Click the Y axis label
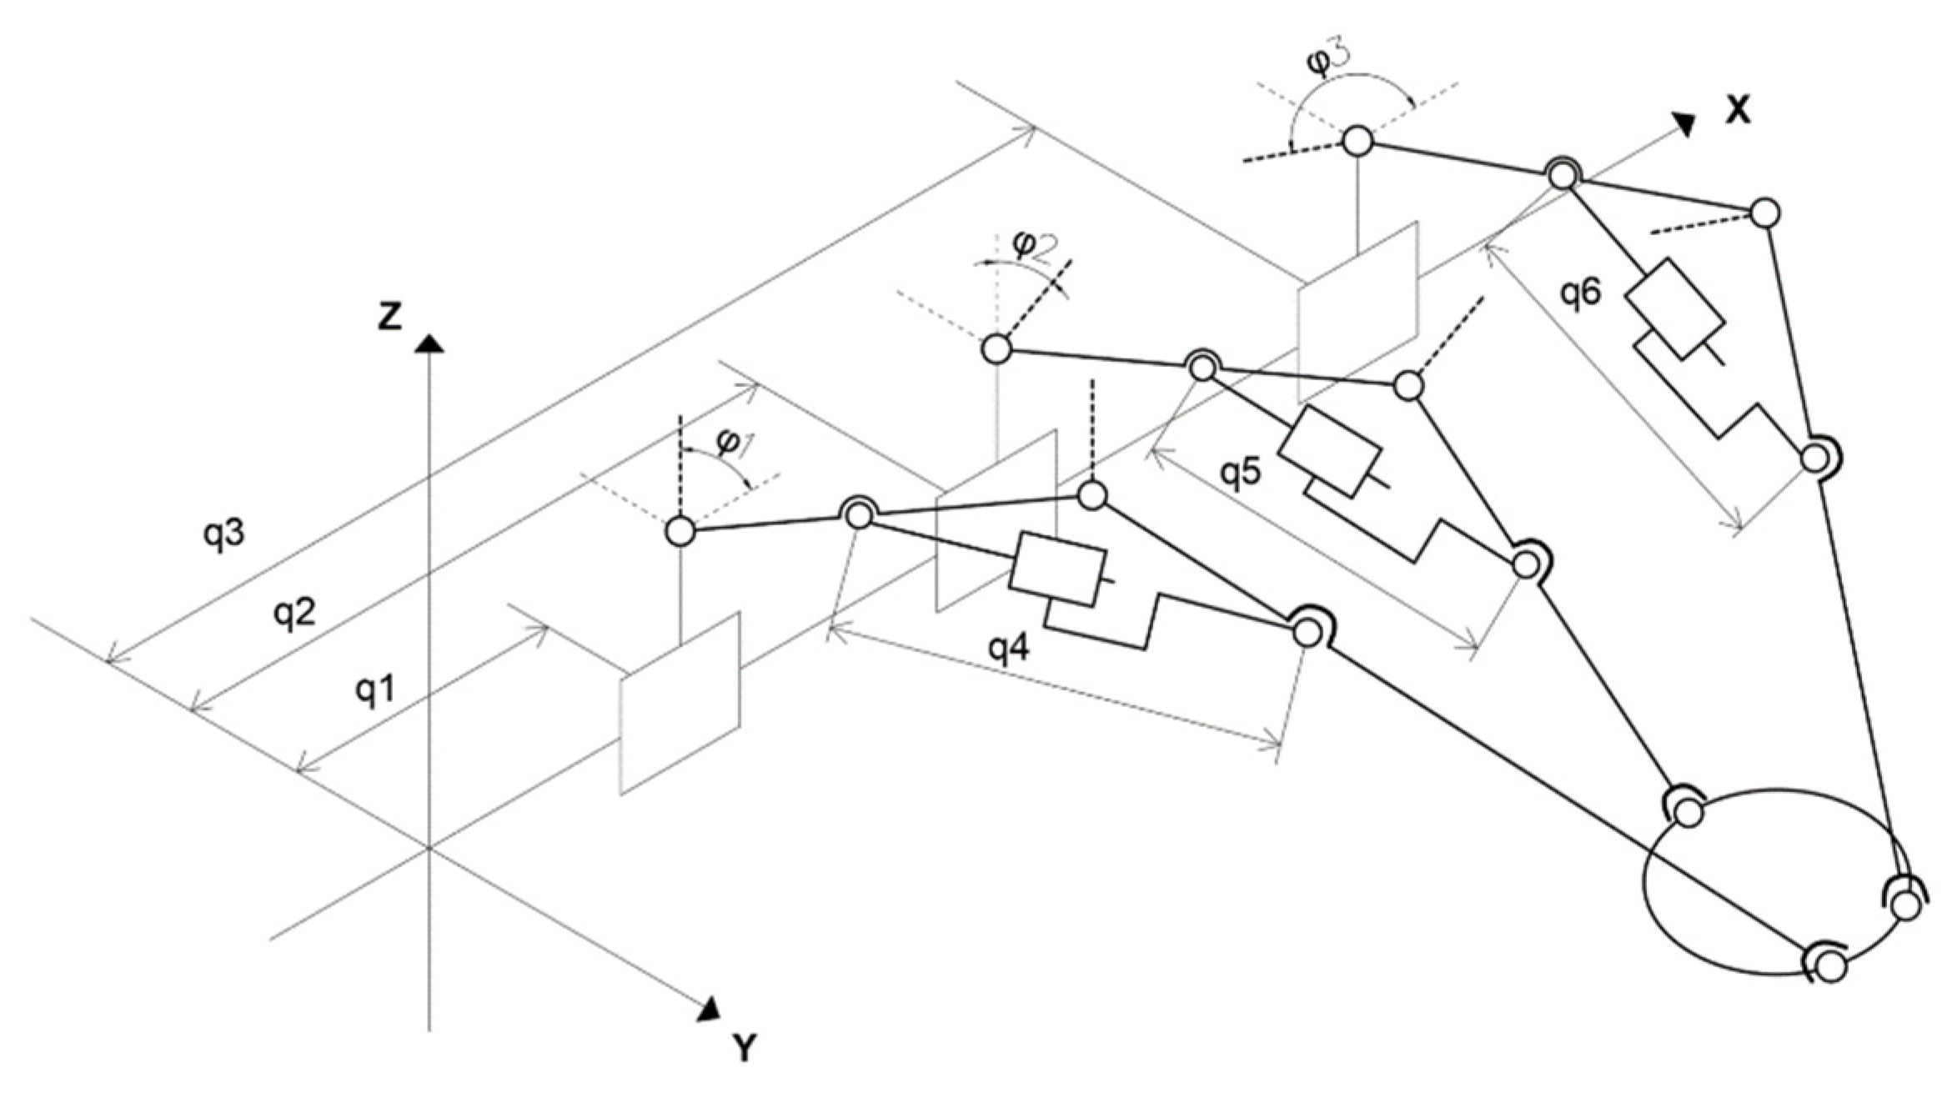744,1047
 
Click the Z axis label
389,317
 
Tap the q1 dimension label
374,689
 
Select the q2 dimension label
294,614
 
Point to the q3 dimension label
224,534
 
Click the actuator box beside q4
1057,569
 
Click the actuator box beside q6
1674,309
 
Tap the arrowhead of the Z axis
429,343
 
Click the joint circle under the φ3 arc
1357,140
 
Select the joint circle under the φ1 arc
680,531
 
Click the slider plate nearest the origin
679,703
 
